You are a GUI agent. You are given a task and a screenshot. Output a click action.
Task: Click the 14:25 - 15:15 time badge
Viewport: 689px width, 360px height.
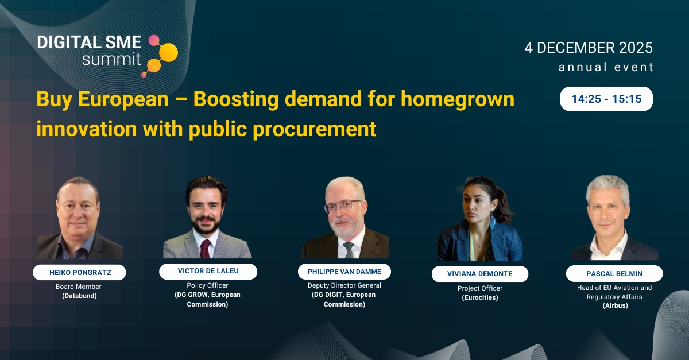(606, 99)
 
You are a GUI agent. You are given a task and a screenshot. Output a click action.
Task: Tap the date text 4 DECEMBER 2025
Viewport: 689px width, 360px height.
(589, 48)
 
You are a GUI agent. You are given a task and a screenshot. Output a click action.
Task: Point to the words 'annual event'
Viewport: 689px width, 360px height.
(606, 67)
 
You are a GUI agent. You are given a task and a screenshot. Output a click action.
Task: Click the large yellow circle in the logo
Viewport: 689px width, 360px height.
(168, 52)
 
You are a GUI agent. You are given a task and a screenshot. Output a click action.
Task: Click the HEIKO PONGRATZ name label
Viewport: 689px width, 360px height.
(79, 272)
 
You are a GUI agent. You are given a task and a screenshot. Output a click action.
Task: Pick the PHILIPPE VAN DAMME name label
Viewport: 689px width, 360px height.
(344, 272)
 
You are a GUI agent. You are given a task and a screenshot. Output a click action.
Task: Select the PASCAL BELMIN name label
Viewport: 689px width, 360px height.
(614, 273)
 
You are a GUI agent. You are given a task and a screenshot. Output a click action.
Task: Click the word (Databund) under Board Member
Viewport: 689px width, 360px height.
(79, 296)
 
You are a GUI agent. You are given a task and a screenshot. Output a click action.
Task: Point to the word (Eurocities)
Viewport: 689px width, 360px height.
(479, 298)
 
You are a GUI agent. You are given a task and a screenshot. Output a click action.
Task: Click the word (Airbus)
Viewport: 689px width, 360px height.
(614, 306)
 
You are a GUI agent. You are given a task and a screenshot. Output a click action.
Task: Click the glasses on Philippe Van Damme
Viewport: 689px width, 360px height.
(343, 206)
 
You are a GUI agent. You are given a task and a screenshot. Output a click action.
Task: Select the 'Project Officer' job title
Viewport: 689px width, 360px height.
(479, 288)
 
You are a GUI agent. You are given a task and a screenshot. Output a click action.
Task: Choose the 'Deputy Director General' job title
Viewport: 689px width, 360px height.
(344, 285)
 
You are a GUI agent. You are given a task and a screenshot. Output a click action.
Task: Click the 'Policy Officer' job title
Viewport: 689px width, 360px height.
(207, 285)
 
